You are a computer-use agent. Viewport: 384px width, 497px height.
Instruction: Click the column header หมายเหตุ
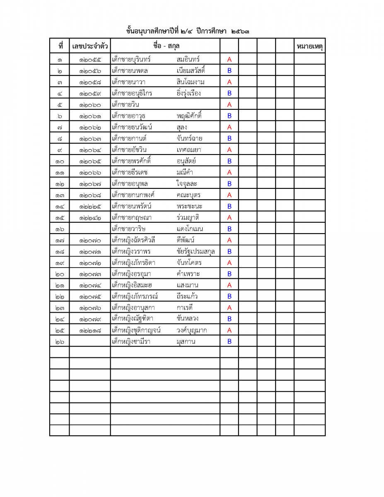[309, 46]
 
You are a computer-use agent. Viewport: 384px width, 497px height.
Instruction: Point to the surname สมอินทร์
[188, 59]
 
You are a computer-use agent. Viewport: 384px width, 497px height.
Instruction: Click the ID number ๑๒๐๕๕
[90, 60]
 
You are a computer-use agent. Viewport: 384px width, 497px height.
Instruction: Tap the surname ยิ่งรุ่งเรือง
[188, 93]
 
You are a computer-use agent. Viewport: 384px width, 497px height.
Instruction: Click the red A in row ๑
[229, 60]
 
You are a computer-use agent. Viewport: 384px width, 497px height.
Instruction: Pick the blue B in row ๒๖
[229, 342]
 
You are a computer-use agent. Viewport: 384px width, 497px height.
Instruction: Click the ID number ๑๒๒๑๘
[90, 331]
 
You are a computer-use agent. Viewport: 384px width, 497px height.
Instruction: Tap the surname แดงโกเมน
[190, 229]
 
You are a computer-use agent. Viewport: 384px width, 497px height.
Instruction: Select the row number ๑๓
[60, 195]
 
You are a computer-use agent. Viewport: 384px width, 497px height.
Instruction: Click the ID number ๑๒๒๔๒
[90, 217]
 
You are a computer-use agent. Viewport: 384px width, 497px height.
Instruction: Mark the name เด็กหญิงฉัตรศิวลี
[133, 240]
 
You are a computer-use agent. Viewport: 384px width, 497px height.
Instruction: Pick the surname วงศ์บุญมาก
[191, 331]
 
